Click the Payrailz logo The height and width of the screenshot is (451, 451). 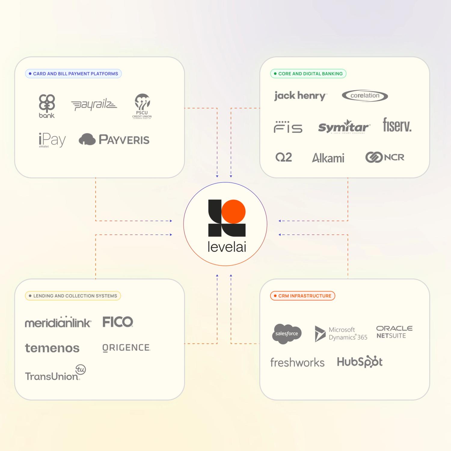pos(94,105)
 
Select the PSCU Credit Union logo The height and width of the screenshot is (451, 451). pos(142,106)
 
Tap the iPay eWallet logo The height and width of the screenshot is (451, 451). pos(52,140)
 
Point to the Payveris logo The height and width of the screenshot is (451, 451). pos(114,140)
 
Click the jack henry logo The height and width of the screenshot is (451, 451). pos(300,96)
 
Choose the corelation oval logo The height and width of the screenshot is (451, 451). pos(365,96)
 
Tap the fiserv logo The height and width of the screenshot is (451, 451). pos(397,125)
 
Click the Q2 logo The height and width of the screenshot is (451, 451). pos(284,157)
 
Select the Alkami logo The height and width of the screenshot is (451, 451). pos(328,158)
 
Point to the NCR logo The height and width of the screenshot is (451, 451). pos(385,157)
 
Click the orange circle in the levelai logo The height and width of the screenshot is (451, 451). pos(234,212)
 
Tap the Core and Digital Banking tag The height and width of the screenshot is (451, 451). pos(308,74)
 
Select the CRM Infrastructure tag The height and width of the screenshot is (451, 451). pos(302,296)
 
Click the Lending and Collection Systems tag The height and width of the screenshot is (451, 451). pos(73,296)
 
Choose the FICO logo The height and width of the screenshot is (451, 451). pos(118,322)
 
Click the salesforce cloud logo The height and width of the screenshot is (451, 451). pos(287,333)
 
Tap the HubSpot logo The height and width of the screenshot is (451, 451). pos(360,362)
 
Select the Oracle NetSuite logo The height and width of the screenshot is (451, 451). pos(394,332)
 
